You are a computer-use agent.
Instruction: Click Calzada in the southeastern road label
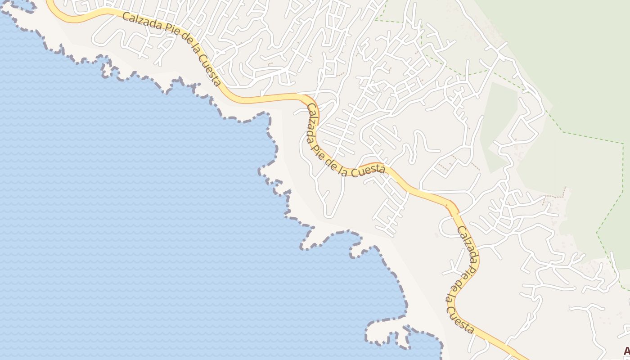(x=468, y=243)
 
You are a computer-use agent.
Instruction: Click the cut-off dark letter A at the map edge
(x=626, y=351)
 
